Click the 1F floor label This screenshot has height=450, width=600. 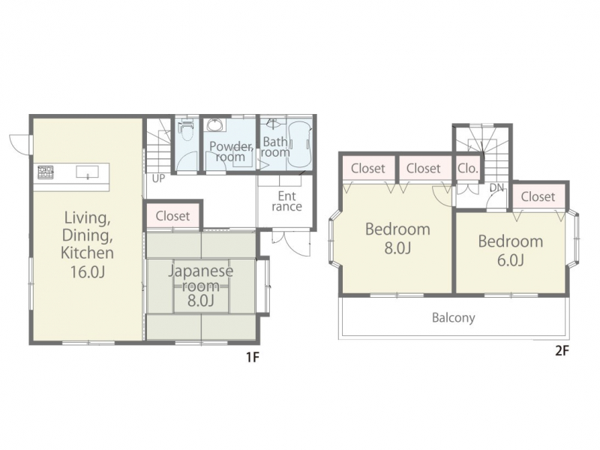(253, 358)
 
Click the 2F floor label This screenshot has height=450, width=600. (562, 351)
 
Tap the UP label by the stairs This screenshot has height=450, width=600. (158, 178)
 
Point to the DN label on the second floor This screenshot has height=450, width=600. (496, 188)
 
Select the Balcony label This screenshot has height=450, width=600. (454, 317)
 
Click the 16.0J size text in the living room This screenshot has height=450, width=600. (87, 271)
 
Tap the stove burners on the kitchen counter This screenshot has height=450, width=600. (46, 172)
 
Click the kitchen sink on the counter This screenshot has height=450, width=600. (88, 172)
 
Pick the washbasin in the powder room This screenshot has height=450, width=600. (214, 124)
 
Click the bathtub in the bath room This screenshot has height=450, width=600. (298, 144)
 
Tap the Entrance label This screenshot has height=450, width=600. (287, 201)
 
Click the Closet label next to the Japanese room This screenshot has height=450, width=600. (172, 216)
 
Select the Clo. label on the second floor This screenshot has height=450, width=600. (467, 168)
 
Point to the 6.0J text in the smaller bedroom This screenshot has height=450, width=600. (511, 260)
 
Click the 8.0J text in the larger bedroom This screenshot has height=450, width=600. (397, 248)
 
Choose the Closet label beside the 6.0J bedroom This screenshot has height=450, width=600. (538, 196)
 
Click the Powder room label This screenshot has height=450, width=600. (231, 151)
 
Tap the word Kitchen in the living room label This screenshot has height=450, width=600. (87, 253)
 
